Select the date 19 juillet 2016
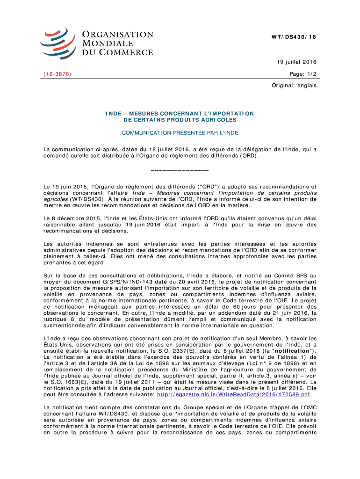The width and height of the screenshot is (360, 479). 297,62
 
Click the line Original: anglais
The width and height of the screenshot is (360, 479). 294,86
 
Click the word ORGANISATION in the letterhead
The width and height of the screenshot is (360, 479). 117,35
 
